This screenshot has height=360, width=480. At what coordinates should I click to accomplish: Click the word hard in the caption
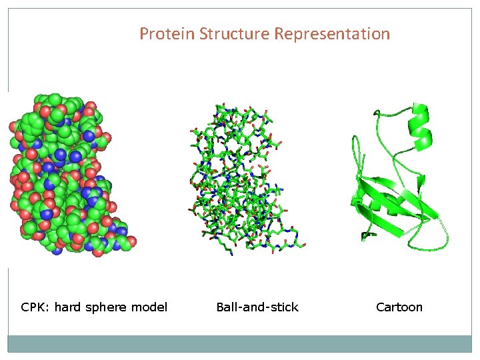[x=67, y=307]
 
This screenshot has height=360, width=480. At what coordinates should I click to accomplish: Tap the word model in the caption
[x=149, y=307]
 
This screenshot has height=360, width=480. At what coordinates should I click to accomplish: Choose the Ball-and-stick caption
[x=257, y=307]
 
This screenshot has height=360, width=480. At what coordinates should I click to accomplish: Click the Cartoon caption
[x=399, y=307]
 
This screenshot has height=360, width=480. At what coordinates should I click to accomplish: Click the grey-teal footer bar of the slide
[x=240, y=343]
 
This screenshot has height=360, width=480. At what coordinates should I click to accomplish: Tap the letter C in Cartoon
[x=380, y=307]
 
